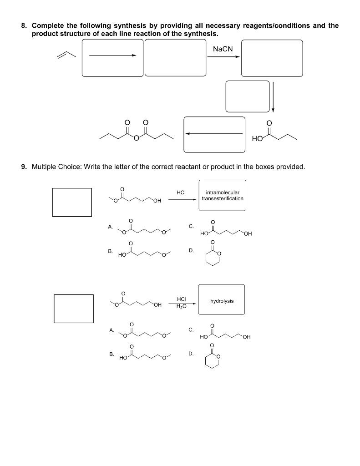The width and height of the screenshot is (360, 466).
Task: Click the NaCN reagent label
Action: pyautogui.click(x=223, y=49)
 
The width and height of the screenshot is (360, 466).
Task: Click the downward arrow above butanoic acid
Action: pyautogui.click(x=273, y=96)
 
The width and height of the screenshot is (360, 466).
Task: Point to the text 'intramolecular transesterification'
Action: pyautogui.click(x=222, y=195)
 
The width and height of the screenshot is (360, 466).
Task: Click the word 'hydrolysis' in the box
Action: pyautogui.click(x=222, y=301)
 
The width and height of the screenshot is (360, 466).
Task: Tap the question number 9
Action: pyautogui.click(x=24, y=167)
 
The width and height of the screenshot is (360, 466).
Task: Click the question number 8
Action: pyautogui.click(x=24, y=25)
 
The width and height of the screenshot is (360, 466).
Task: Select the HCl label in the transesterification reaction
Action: pyautogui.click(x=181, y=192)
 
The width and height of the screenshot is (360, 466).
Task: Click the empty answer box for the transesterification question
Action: pyautogui.click(x=72, y=202)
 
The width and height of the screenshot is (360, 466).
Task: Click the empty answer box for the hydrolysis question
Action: pyautogui.click(x=74, y=308)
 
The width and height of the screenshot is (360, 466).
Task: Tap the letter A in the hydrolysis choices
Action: pyautogui.click(x=111, y=330)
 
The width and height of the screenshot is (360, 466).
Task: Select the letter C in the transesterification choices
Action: pyautogui.click(x=191, y=226)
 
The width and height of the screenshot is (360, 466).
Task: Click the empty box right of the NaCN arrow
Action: pyautogui.click(x=272, y=58)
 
